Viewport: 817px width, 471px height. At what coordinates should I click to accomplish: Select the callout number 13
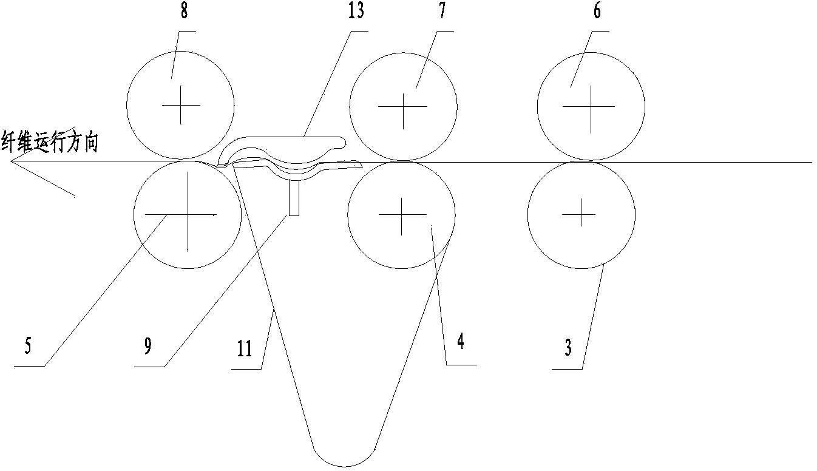point(356,10)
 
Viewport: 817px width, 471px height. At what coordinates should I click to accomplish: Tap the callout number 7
point(442,10)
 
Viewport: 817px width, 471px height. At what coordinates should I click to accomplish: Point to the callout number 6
point(597,11)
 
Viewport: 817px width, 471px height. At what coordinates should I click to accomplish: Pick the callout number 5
point(28,345)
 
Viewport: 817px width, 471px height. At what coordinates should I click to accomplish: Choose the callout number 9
point(147,345)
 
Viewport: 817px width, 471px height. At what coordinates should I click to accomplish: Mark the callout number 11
point(245,348)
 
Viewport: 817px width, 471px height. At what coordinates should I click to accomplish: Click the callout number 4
point(461,342)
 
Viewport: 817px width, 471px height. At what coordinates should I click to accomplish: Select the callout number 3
point(568,347)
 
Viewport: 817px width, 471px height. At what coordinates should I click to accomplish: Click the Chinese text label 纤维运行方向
point(50,143)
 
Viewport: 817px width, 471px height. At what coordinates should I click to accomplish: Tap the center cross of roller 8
point(181,105)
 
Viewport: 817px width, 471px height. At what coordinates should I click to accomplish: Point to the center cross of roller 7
point(403,107)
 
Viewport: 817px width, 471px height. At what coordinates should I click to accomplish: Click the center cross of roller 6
point(591,107)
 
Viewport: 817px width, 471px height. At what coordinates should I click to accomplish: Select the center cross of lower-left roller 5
point(188,214)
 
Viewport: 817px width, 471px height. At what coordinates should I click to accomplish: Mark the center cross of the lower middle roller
point(402,214)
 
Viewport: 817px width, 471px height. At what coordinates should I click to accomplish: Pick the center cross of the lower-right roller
point(581,214)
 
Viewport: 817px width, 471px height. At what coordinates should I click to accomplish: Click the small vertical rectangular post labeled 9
point(294,198)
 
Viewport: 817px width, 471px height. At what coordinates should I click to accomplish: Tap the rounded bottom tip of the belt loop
point(344,467)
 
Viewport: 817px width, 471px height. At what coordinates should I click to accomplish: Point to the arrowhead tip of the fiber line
point(10,161)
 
